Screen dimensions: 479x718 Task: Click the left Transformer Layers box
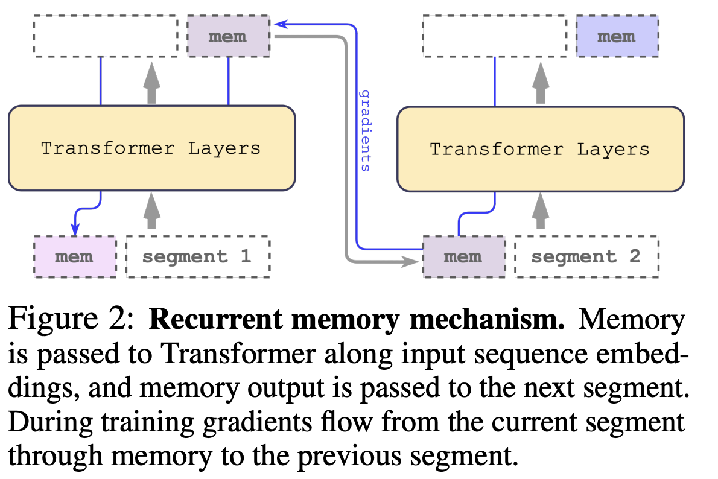coord(151,148)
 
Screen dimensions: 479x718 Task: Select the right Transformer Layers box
coord(540,149)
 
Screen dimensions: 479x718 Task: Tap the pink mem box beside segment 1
coord(74,256)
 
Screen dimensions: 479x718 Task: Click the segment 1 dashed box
coord(197,256)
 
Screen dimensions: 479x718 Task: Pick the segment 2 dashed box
coord(586,256)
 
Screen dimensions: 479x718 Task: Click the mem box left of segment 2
coord(463,256)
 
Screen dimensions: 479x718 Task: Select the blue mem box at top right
coord(616,36)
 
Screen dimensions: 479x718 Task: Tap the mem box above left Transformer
coord(227,36)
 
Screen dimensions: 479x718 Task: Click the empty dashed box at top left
coord(106,36)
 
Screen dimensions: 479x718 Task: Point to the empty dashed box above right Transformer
coord(495,36)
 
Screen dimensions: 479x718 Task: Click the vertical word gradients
coord(364,130)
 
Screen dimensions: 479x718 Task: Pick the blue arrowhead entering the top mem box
coord(279,24)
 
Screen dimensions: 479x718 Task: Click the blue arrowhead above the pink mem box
coord(75,230)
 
